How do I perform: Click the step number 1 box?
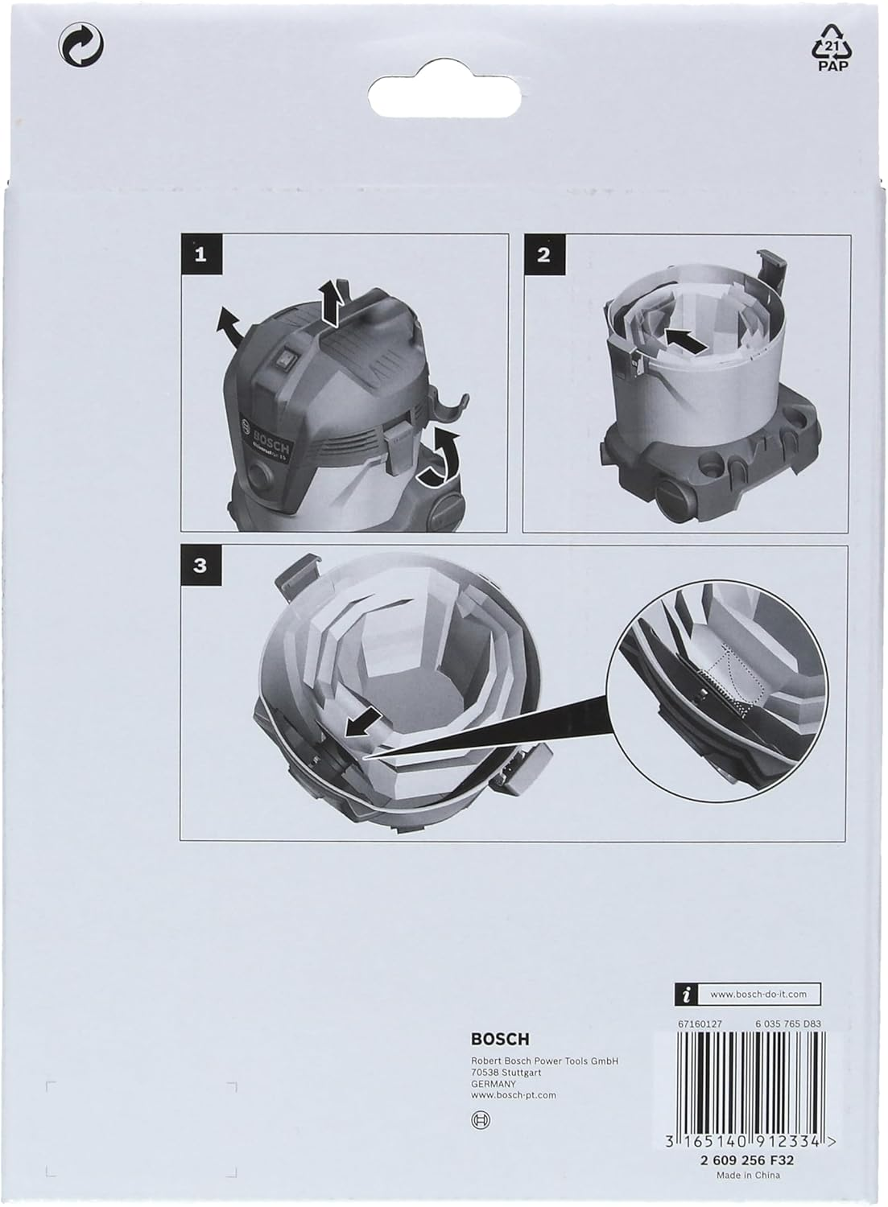(x=200, y=255)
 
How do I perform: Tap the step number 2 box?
(x=543, y=255)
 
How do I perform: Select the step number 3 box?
(x=200, y=565)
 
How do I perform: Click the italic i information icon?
(x=685, y=995)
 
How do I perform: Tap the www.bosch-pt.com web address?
(x=513, y=1094)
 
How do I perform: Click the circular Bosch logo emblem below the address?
(x=481, y=1119)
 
